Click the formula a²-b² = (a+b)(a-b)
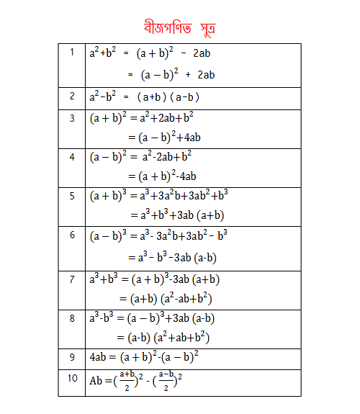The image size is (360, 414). [x=144, y=97]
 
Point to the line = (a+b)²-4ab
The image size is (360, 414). [x=163, y=176]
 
